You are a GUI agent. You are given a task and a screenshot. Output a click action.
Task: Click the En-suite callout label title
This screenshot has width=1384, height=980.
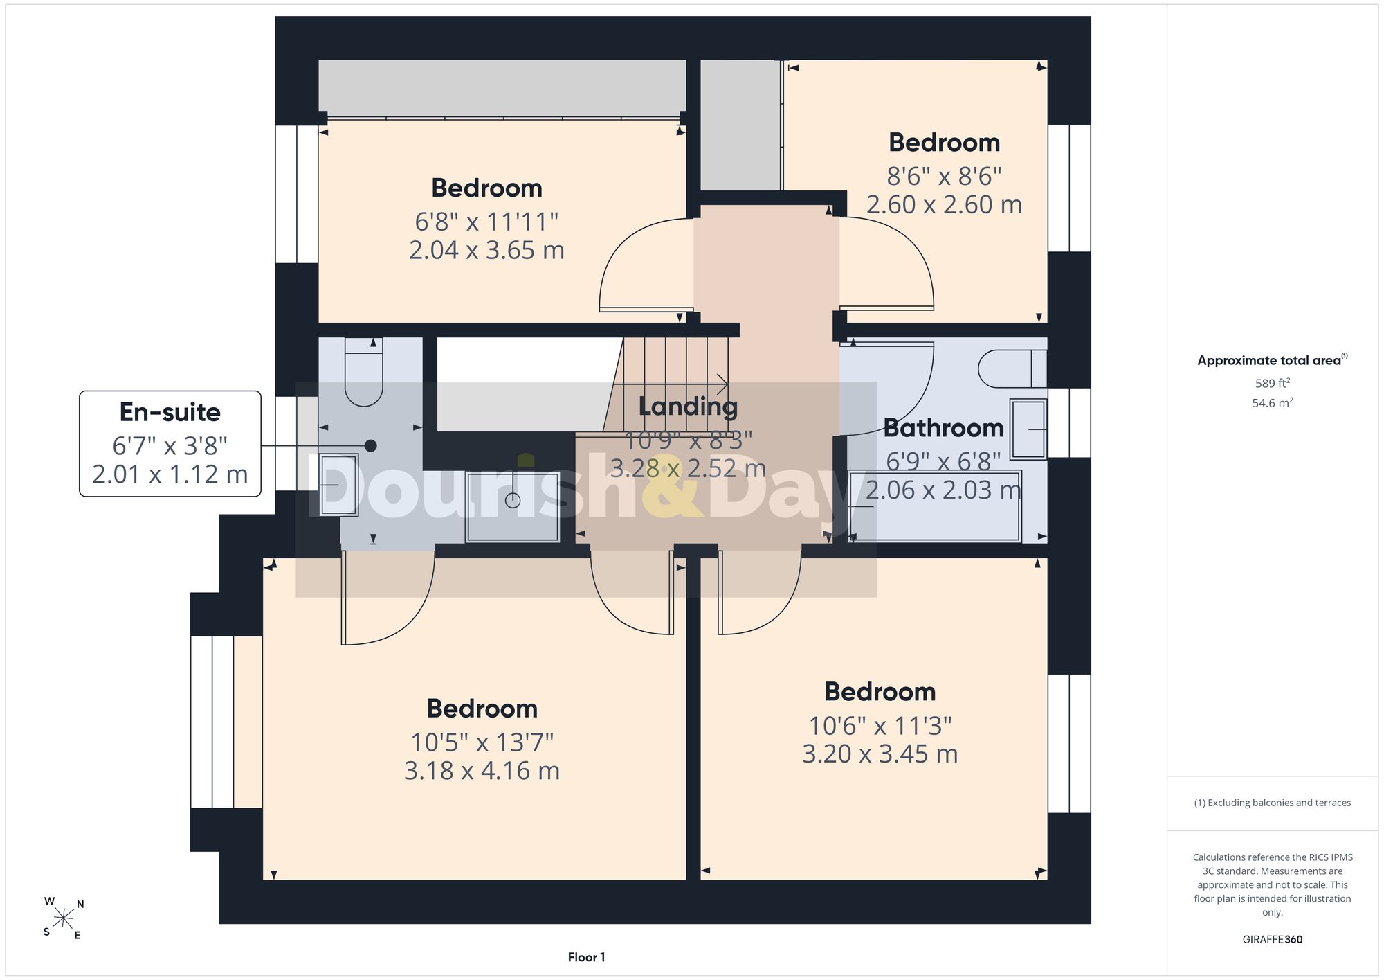(x=170, y=412)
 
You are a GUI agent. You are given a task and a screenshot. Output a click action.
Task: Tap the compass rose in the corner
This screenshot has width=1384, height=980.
(x=64, y=919)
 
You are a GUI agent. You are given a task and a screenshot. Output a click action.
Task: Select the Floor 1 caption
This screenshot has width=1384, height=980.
(x=586, y=957)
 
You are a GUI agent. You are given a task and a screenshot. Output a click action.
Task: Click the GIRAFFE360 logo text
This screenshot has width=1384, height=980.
(x=1273, y=940)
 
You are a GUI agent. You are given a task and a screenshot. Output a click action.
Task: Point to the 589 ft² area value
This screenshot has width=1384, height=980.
(x=1273, y=383)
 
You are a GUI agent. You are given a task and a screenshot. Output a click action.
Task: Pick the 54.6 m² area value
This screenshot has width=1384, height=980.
(x=1273, y=402)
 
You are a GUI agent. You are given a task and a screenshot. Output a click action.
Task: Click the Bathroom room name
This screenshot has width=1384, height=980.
(x=943, y=428)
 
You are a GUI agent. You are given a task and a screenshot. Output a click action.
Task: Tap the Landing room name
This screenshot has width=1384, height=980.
(x=688, y=407)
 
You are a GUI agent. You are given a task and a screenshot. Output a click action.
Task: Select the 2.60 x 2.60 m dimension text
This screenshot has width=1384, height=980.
(x=944, y=204)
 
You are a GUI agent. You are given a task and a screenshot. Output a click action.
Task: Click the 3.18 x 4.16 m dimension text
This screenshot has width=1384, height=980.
(x=482, y=770)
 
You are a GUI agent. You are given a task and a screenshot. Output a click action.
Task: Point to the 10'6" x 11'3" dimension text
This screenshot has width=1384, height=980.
(x=880, y=726)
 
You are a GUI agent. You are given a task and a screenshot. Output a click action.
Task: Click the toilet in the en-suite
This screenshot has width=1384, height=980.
(x=363, y=372)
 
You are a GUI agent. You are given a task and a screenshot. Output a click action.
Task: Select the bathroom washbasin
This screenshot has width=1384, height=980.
(x=1028, y=429)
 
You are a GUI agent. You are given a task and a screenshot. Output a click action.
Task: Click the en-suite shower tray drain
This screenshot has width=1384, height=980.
(x=513, y=499)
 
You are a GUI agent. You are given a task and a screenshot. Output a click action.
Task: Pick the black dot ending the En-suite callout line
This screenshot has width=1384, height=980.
(x=371, y=446)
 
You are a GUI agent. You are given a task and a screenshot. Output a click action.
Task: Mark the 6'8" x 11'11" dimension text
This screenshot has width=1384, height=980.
(x=486, y=222)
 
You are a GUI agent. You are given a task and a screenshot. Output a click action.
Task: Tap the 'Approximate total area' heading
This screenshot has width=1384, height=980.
(x=1273, y=359)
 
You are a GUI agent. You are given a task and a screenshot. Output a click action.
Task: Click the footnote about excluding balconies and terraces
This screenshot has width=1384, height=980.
(x=1273, y=803)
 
